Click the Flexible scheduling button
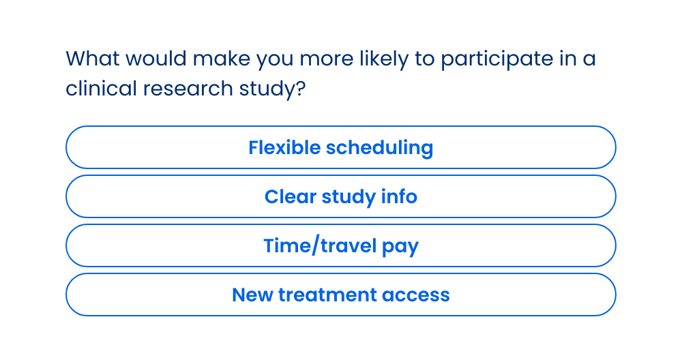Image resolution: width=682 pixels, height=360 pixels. pyautogui.click(x=341, y=147)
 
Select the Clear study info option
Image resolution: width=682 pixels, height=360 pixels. pyautogui.click(x=341, y=196)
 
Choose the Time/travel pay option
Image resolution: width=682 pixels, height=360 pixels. pyautogui.click(x=341, y=245)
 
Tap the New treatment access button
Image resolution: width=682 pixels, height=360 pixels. pyautogui.click(x=341, y=295)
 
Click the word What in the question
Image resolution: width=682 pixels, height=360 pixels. pyautogui.click(x=93, y=58)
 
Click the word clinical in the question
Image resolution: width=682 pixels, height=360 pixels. pyautogui.click(x=102, y=88)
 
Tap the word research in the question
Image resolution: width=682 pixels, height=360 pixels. pyautogui.click(x=188, y=88)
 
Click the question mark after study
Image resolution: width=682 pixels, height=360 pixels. pyautogui.click(x=300, y=88)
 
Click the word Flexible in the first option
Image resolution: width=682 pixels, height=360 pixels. pyautogui.click(x=284, y=147)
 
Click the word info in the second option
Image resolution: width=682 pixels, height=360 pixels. pyautogui.click(x=399, y=196)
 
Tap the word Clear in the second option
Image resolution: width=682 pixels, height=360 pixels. pyautogui.click(x=290, y=196)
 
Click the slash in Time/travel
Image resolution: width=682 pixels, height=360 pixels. pyautogui.click(x=316, y=245)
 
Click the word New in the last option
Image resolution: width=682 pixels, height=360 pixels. pyautogui.click(x=252, y=295)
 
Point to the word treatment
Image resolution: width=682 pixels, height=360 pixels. pyautogui.click(x=327, y=295)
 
